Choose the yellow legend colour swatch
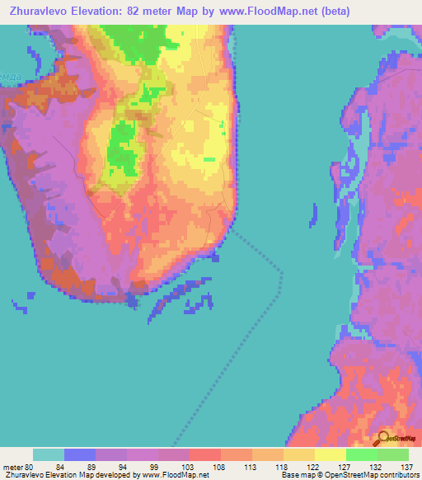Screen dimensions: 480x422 pos(330,454)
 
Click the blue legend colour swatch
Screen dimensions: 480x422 pos(80,454)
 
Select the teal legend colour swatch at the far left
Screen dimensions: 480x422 pos(49,454)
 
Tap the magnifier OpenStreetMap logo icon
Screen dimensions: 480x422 pos(384,439)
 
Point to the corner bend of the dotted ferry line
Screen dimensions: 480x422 pos(283,272)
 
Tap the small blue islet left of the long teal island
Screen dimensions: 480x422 pos(312,214)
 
